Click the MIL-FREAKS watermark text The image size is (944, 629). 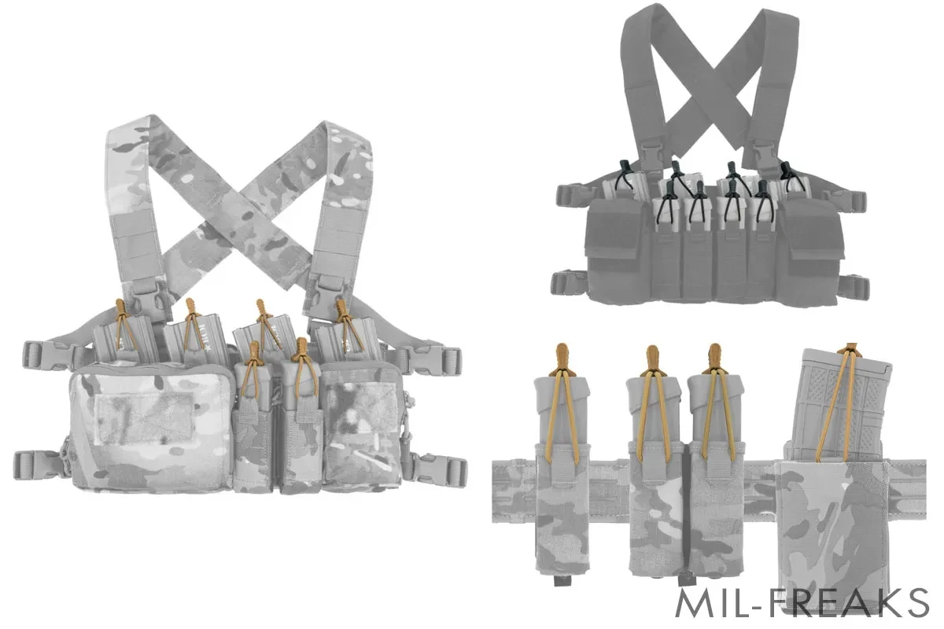point(802,603)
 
